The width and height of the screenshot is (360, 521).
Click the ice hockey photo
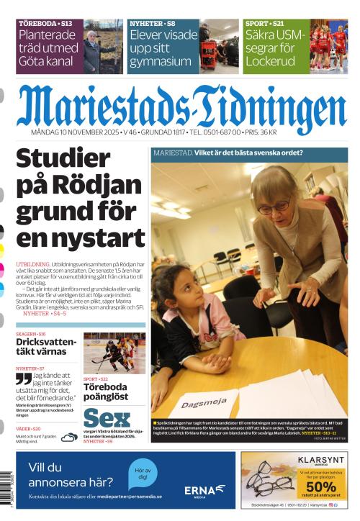point(113,353)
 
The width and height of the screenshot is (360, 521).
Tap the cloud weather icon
point(69,436)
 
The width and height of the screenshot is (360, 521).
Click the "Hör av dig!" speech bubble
point(143,474)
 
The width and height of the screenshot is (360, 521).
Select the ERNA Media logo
point(205,490)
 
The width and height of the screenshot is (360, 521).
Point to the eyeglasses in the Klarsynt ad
point(267,478)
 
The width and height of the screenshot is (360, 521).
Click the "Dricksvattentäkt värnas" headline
point(45,347)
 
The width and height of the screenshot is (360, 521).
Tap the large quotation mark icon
point(24,379)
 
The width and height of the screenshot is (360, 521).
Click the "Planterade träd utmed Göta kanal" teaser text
point(48,47)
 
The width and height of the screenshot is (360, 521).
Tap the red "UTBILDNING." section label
point(32,266)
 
